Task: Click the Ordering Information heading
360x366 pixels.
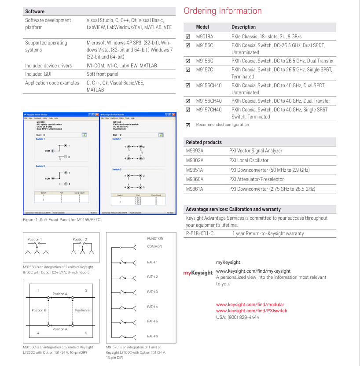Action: pyautogui.click(x=222, y=11)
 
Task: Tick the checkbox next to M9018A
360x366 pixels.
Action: pyautogui.click(x=188, y=37)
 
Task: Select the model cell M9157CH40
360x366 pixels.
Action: pyautogui.click(x=209, y=110)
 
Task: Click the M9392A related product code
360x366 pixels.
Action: pyautogui.click(x=195, y=151)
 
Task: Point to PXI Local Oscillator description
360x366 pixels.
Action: pyautogui.click(x=249, y=160)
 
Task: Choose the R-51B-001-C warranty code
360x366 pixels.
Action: pyautogui.click(x=199, y=233)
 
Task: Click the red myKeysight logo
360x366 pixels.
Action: pyautogui.click(x=198, y=273)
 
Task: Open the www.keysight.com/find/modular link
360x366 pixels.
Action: pyautogui.click(x=250, y=304)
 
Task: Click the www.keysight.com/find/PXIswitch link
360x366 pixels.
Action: pyautogui.click(x=251, y=311)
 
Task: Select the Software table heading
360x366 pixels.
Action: pyautogui.click(x=35, y=11)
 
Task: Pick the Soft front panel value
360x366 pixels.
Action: pyautogui.click(x=102, y=74)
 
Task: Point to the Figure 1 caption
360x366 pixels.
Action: pyautogui.click(x=61, y=220)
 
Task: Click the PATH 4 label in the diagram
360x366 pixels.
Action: pyautogui.click(x=152, y=307)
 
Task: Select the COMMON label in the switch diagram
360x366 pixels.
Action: pyautogui.click(x=154, y=246)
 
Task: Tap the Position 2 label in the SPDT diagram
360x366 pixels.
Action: pyautogui.click(x=80, y=239)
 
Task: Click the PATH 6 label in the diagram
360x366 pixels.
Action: pyautogui.click(x=152, y=336)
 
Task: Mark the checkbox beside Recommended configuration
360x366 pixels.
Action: pyautogui.click(x=188, y=125)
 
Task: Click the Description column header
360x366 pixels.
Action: pyautogui.click(x=243, y=27)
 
